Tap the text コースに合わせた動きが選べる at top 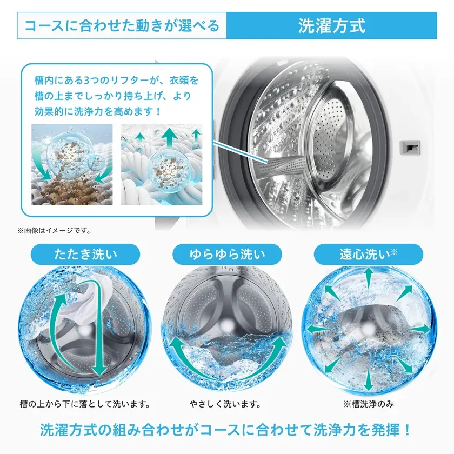(122, 25)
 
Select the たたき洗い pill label (85, 254)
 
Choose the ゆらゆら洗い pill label (228, 254)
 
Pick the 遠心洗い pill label (368, 254)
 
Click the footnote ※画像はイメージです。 (54, 231)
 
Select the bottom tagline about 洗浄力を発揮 (226, 431)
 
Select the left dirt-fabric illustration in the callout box (72, 165)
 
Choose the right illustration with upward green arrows (162, 165)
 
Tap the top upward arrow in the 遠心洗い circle (368, 277)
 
